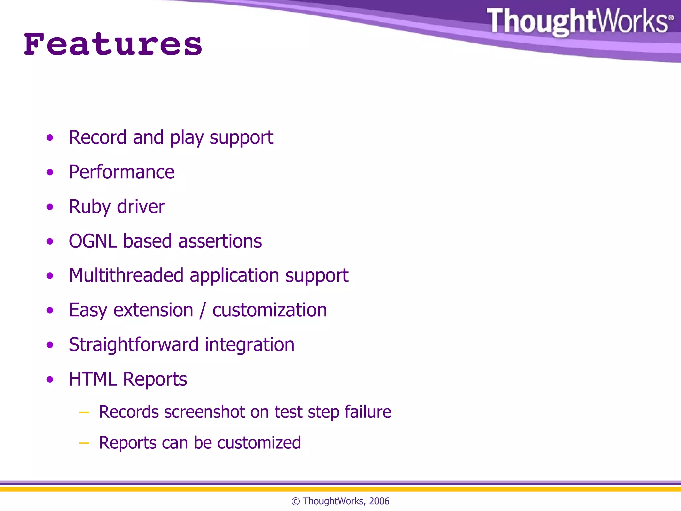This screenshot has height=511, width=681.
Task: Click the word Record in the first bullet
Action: pyautogui.click(x=98, y=137)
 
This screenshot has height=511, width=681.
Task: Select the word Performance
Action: pyautogui.click(x=122, y=172)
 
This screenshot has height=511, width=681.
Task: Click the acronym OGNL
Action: pyautogui.click(x=93, y=241)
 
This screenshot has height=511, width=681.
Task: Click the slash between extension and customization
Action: pyautogui.click(x=203, y=310)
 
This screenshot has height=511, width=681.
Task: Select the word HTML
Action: pyautogui.click(x=93, y=379)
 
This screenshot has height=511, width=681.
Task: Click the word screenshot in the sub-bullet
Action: pyautogui.click(x=204, y=412)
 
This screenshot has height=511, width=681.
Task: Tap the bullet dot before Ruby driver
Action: pyautogui.click(x=50, y=207)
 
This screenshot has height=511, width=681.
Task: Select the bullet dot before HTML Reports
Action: pyautogui.click(x=50, y=379)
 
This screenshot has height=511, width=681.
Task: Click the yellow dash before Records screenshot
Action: pyautogui.click(x=84, y=413)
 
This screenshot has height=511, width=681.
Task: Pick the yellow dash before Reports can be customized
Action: pyautogui.click(x=84, y=443)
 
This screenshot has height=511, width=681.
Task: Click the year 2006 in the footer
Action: pyautogui.click(x=379, y=501)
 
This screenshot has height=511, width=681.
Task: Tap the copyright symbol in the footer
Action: pyautogui.click(x=295, y=501)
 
